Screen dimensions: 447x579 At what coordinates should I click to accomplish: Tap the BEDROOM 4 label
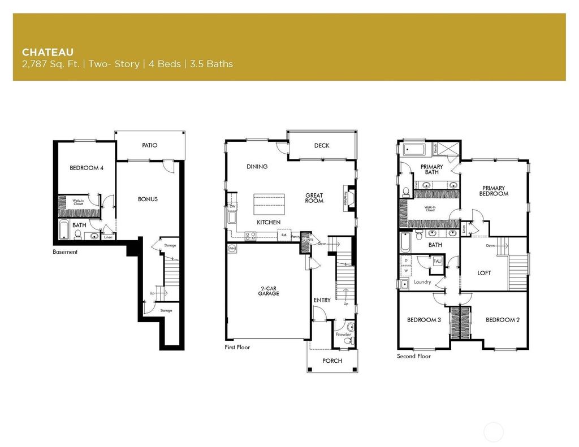tap(86, 168)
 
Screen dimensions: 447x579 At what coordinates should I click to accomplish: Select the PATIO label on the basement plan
tap(150, 146)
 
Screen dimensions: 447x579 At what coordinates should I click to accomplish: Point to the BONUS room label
tap(148, 199)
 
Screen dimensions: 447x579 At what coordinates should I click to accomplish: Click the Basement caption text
tap(65, 252)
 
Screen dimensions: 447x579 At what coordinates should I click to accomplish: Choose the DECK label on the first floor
tap(322, 146)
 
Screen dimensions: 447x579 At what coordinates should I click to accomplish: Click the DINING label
tap(257, 167)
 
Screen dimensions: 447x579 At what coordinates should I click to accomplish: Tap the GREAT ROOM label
tap(314, 198)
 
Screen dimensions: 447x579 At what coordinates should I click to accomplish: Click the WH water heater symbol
tap(232, 248)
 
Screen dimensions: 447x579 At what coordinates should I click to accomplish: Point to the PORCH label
tap(332, 361)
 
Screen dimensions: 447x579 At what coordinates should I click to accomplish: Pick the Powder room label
tap(344, 335)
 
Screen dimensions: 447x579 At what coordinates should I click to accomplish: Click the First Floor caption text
tap(237, 348)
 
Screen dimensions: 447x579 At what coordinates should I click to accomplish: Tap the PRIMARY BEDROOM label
tap(494, 191)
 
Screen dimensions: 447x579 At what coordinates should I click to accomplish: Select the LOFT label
tap(484, 273)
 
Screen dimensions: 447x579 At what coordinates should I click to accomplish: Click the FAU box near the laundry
tap(437, 261)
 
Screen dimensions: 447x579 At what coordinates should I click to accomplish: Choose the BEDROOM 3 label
tap(424, 320)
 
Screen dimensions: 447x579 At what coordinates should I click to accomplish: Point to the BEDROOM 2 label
tap(503, 320)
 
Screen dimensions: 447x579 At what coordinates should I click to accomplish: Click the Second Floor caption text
tap(414, 357)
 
